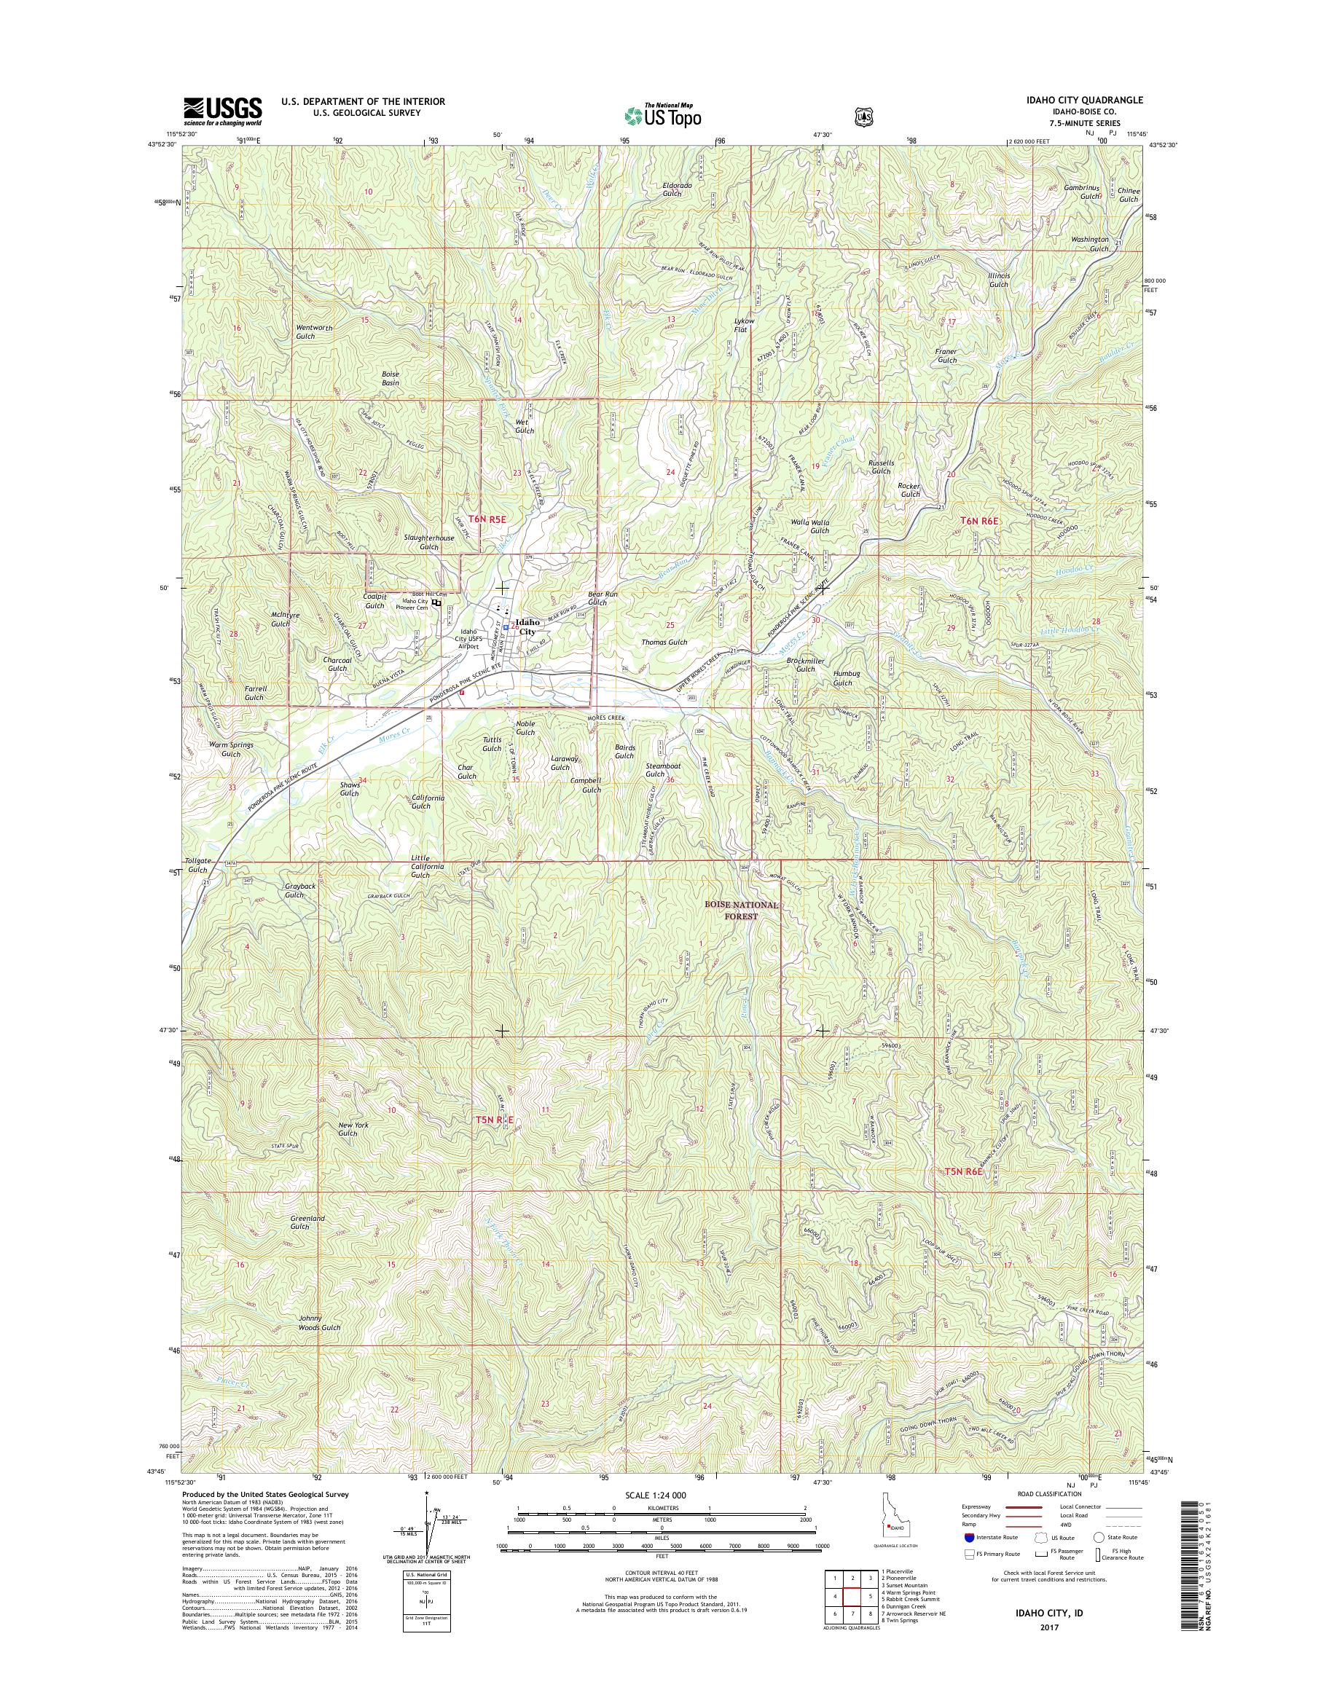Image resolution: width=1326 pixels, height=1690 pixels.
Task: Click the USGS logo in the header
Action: [x=222, y=111]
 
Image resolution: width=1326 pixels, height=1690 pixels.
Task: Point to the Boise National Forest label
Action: [x=741, y=910]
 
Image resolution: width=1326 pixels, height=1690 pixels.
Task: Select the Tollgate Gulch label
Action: [x=197, y=865]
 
